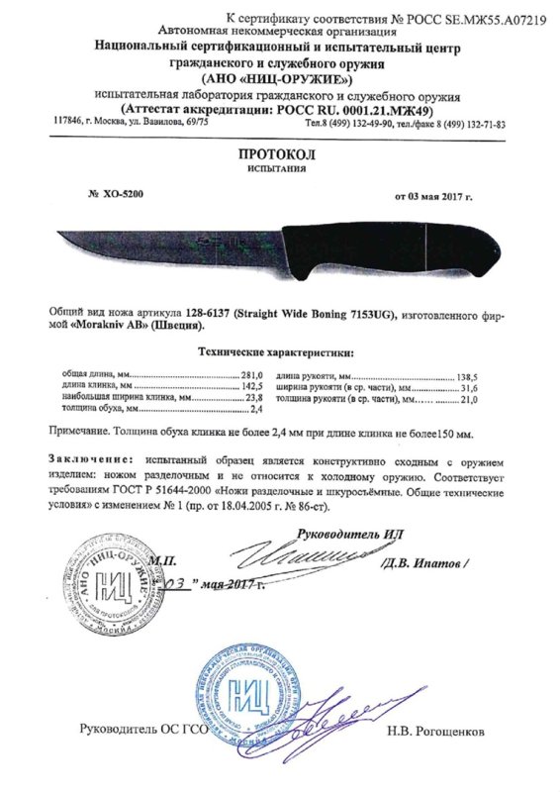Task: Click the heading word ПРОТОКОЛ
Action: [x=279, y=155]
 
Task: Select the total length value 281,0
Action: [x=254, y=377]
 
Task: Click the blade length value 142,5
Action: [x=254, y=387]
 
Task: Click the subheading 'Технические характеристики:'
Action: [x=279, y=352]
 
